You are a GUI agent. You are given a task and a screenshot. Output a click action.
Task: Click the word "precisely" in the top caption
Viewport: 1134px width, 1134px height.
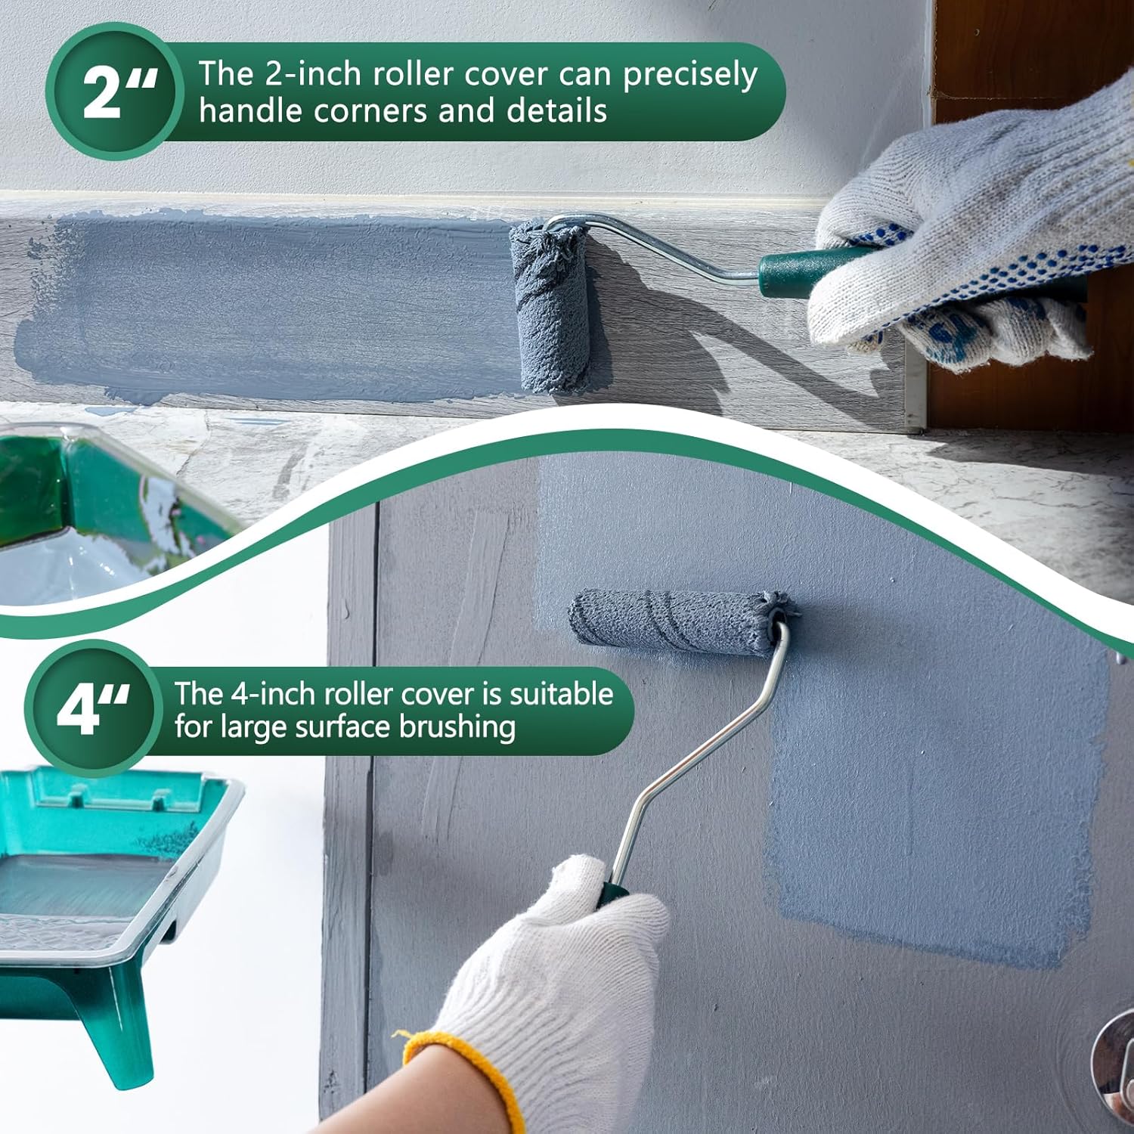coord(689,76)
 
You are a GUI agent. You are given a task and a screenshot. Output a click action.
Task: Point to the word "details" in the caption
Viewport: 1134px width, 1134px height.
coord(556,110)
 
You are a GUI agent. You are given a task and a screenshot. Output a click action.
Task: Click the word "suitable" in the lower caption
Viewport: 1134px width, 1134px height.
coord(561,693)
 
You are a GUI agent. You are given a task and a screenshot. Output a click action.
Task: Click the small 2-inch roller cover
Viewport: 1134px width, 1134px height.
coord(550,307)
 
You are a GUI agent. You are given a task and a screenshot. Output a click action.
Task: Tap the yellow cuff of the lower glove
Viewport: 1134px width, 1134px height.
coord(461,1074)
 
